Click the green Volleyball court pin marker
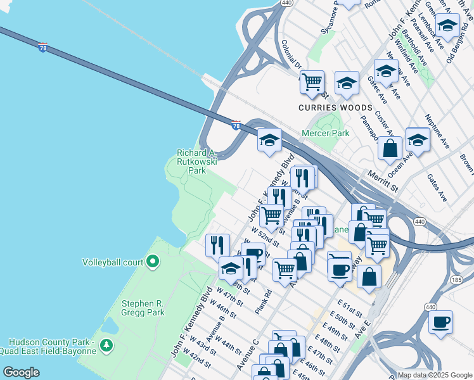click(152, 261)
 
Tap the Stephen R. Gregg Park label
click(143, 308)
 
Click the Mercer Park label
click(325, 134)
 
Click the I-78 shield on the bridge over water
click(42, 48)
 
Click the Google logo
click(21, 372)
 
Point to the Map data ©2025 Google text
click(434, 374)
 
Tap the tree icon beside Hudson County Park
click(107, 345)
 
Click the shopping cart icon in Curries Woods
click(312, 82)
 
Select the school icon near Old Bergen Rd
click(447, 26)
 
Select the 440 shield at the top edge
click(286, 3)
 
